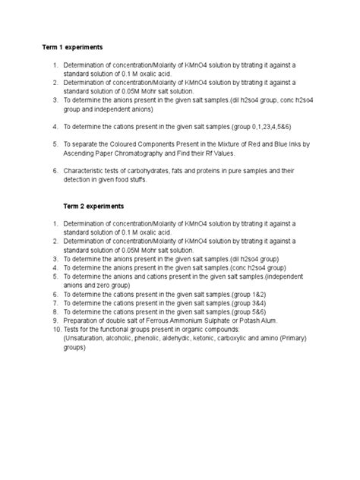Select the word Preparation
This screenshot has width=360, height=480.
pyautogui.click(x=83, y=321)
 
